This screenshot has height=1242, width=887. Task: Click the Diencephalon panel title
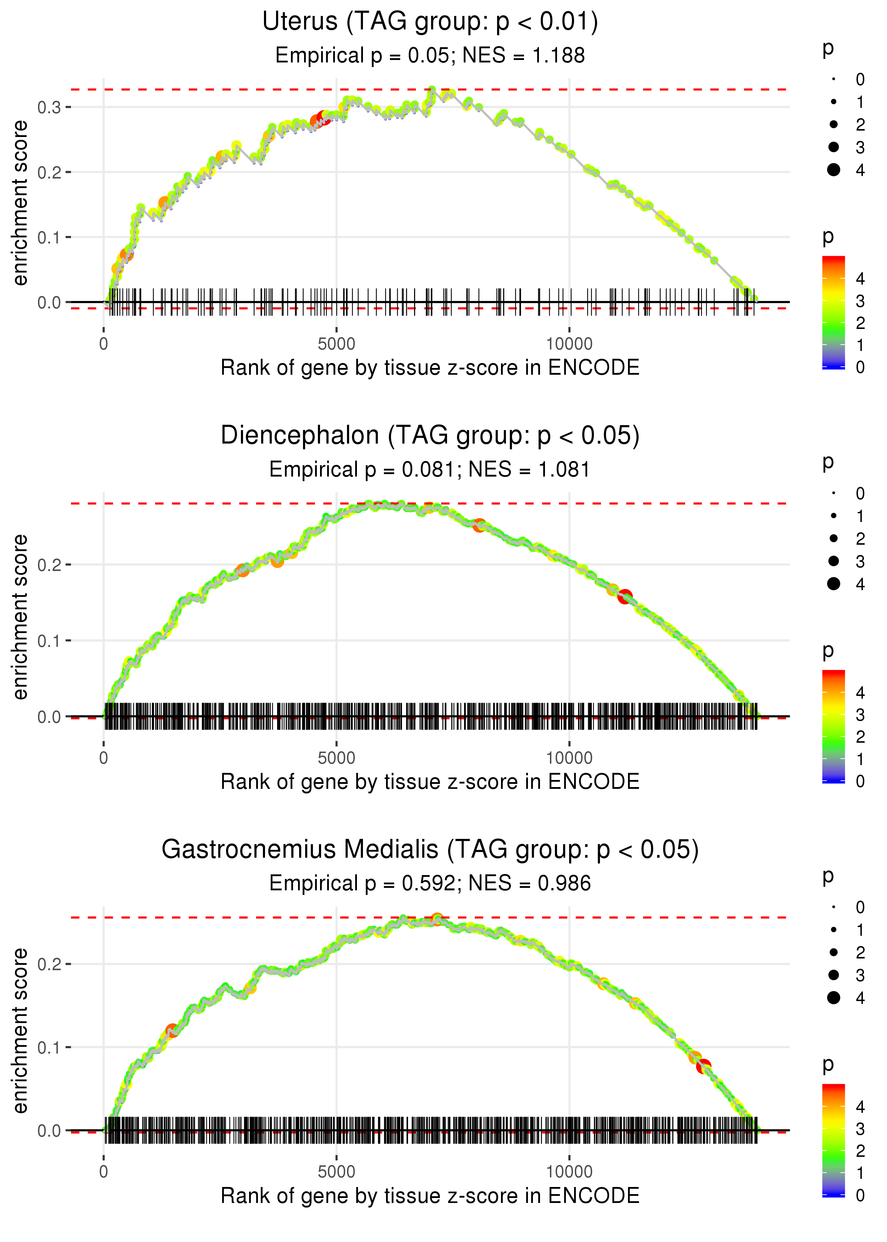[430, 436]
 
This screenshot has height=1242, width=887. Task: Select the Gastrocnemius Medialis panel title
[430, 849]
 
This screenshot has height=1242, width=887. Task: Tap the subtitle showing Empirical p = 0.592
[430, 883]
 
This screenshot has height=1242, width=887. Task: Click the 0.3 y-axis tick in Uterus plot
[49, 108]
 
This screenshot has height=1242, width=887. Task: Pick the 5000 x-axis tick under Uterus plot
[336, 344]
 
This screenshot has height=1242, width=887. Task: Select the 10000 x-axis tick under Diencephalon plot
[569, 758]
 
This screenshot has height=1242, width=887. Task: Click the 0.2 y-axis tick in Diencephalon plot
[49, 565]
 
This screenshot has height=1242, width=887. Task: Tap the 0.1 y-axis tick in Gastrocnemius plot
[49, 1048]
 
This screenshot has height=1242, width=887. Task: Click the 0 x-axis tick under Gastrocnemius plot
[104, 1171]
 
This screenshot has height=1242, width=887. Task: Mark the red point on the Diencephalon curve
[625, 597]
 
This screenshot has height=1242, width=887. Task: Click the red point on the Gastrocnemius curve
[704, 1066]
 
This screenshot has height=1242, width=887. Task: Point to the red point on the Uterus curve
[323, 118]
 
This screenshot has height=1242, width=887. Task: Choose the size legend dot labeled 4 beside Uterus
[833, 170]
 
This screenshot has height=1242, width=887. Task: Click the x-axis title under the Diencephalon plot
[430, 782]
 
